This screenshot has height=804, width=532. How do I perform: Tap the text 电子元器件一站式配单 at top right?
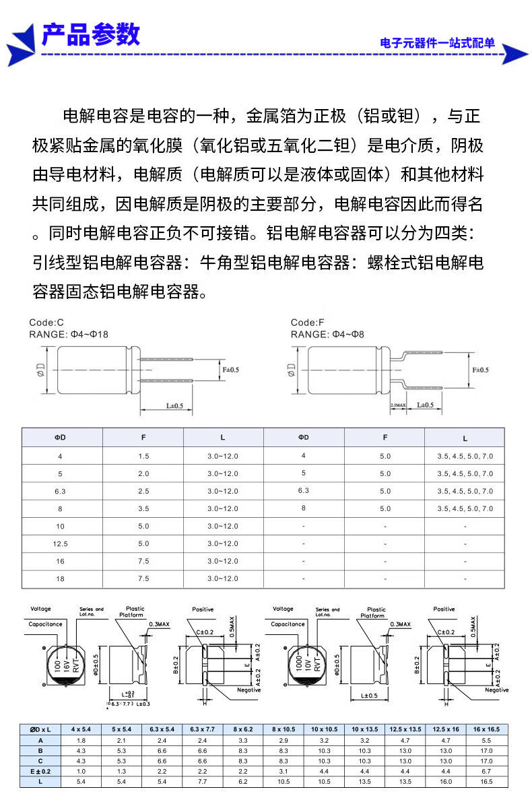437,44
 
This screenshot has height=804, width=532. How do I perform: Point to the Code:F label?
308,323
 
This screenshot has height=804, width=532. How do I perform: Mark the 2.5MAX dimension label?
398,405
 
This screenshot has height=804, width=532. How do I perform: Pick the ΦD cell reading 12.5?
60,543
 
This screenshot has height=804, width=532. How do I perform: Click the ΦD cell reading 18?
60,578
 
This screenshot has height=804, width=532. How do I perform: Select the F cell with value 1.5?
143,456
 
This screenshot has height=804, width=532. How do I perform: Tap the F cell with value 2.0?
143,473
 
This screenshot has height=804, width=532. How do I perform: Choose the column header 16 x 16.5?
487,729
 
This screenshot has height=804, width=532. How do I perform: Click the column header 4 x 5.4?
81,729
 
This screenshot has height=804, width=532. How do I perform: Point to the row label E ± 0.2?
40,771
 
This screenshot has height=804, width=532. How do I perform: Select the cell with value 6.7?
487,771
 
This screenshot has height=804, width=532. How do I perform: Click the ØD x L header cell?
40,729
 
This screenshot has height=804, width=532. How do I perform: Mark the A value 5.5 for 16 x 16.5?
487,739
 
